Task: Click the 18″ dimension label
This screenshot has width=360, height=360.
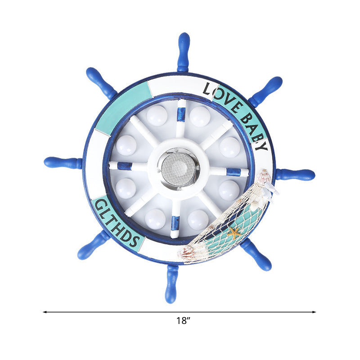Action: click(184, 321)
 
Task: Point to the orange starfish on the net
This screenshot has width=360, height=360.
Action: click(234, 233)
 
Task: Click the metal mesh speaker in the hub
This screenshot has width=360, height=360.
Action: click(179, 168)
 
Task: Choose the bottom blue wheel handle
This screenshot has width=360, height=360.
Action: click(171, 283)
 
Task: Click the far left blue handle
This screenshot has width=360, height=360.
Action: click(63, 162)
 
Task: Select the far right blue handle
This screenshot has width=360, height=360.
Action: click(295, 174)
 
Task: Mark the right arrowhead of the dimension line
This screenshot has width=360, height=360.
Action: click(315, 311)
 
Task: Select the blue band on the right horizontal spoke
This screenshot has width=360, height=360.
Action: click(233, 171)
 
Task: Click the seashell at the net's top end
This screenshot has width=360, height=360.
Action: click(265, 176)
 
